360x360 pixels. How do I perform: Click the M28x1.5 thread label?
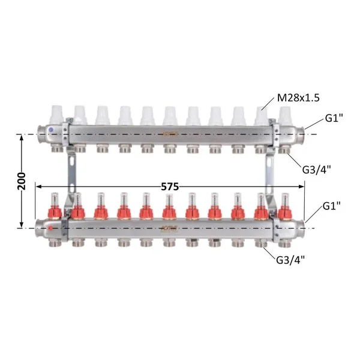point(298,98)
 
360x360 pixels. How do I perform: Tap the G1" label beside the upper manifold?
point(334,118)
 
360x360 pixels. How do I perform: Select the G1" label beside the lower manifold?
point(332,206)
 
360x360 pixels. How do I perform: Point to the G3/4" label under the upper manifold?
point(316,170)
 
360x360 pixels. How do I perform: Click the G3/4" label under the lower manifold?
point(290,260)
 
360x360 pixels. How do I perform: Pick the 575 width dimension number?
point(170,187)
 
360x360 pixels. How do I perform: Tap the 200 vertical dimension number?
point(22,181)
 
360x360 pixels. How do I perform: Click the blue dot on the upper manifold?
point(51,130)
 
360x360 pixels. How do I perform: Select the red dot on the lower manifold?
point(50,228)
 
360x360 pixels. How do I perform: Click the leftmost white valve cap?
point(56,115)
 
